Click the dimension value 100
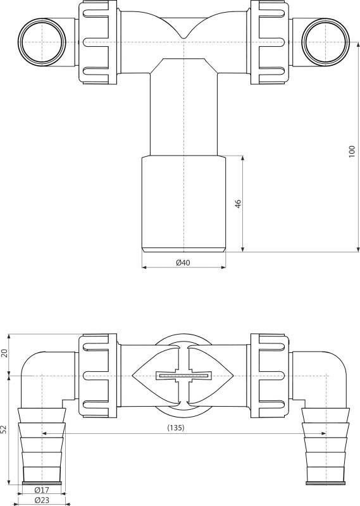point(352,152)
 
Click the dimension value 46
point(239,204)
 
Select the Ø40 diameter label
point(183,262)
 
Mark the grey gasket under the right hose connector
point(325,484)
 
